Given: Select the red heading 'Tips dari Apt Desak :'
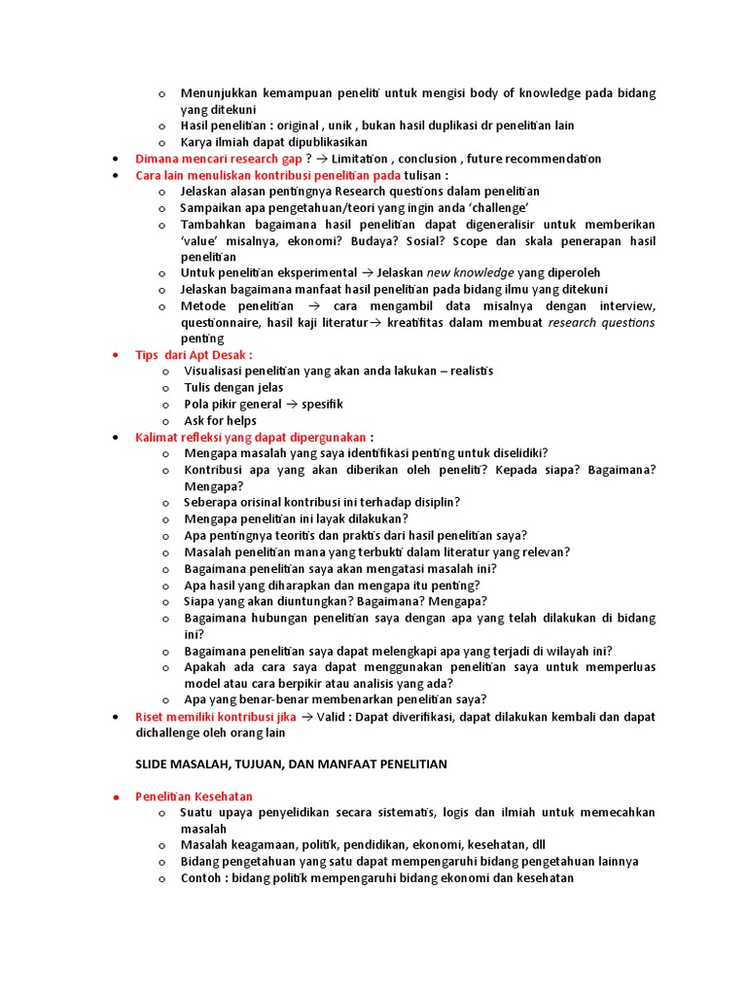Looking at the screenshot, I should tap(194, 355).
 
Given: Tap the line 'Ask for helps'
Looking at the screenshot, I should tap(221, 420).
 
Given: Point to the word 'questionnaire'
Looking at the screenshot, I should tap(223, 322).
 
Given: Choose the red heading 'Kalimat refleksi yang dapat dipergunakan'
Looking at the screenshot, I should tap(251, 437).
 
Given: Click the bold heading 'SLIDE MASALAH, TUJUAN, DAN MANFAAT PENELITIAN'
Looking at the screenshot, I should tap(291, 764).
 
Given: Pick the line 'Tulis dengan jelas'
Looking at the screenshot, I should tap(233, 388).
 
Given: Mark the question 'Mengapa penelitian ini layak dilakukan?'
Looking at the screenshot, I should tap(296, 518).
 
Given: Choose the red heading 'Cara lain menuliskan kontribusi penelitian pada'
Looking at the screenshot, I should tap(267, 175).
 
